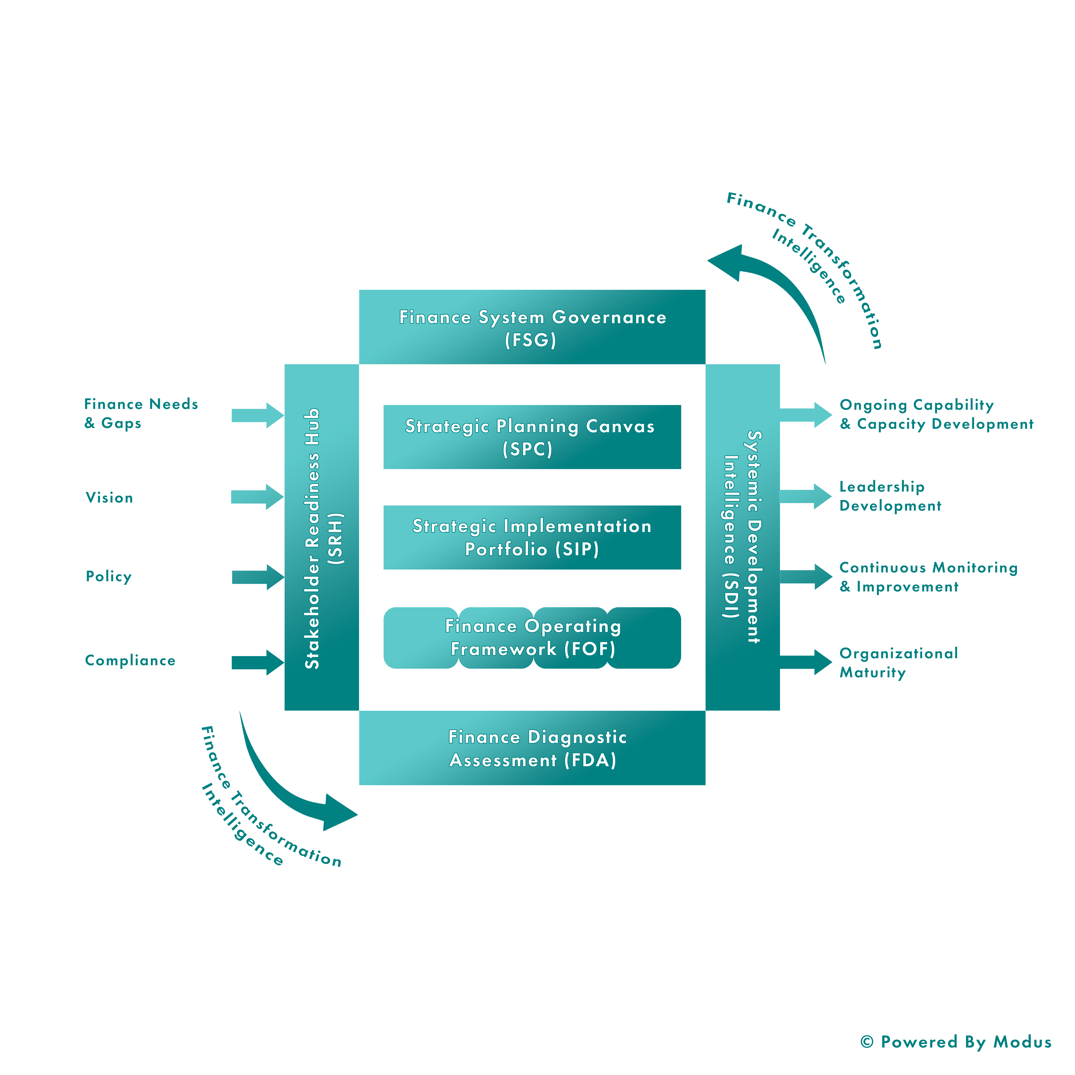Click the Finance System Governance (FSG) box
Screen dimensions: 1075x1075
532,327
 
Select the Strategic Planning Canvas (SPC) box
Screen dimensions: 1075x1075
532,437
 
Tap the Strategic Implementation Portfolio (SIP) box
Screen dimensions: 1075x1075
532,537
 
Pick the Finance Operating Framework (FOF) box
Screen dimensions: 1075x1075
532,638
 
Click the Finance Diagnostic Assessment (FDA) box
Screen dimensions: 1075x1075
532,748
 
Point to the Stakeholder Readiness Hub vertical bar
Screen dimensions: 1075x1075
322,537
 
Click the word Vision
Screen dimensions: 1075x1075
109,498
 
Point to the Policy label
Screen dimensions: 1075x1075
109,577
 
